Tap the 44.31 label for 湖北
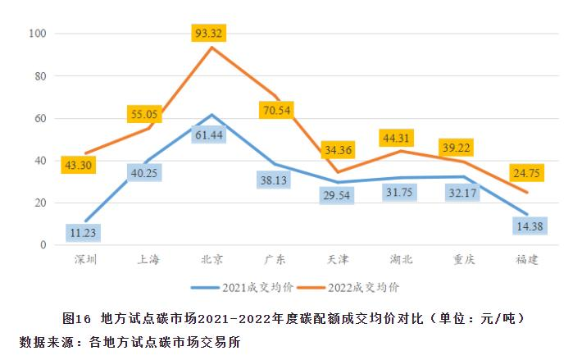point(399,137)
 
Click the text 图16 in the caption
point(77,317)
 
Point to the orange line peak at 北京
point(211,48)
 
